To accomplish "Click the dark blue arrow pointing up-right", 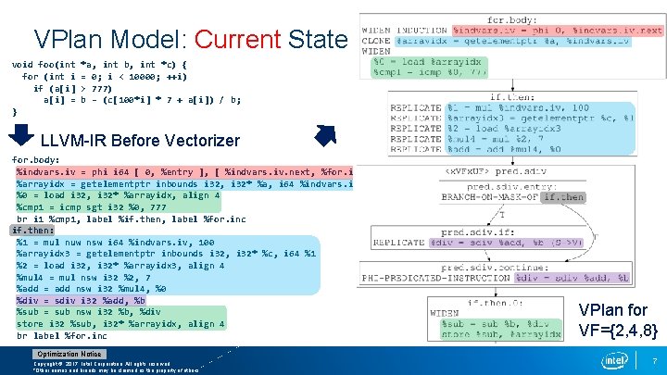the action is (x=326, y=136).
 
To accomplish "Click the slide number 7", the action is (x=655, y=360).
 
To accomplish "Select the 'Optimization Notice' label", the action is (x=69, y=355).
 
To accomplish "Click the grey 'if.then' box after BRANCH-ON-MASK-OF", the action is (x=563, y=197).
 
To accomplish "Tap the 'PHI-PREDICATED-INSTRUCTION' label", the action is (x=439, y=277).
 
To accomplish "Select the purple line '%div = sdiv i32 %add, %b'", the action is (x=81, y=300).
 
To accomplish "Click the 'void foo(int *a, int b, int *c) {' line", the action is (x=98, y=65).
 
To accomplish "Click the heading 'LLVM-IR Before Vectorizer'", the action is (x=141, y=141).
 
